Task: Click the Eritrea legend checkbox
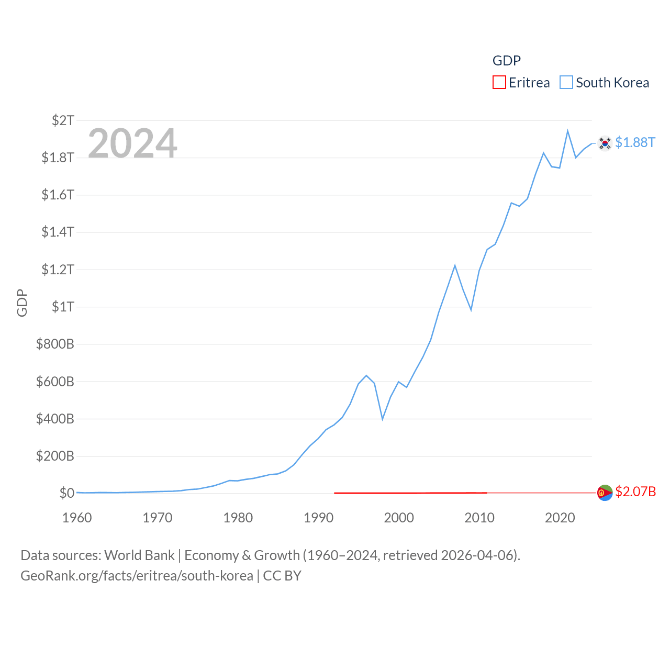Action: [x=499, y=83]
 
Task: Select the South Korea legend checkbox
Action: [x=566, y=83]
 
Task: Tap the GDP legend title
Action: [x=506, y=61]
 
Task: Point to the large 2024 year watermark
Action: [x=132, y=143]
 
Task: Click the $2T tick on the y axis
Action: [x=63, y=120]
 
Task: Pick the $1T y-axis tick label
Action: [x=63, y=307]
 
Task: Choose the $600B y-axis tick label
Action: [x=55, y=382]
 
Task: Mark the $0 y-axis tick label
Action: [x=66, y=493]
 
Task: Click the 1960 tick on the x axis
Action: [x=77, y=518]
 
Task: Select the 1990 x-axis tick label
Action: [x=318, y=518]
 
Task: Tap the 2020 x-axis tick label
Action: [x=560, y=518]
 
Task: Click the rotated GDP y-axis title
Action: [x=22, y=303]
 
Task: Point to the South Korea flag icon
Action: [x=605, y=143]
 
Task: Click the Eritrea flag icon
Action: [x=605, y=493]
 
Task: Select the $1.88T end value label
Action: [x=635, y=142]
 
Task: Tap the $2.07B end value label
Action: [x=635, y=492]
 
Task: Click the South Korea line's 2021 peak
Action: [x=567, y=131]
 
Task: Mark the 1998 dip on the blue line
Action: [x=383, y=419]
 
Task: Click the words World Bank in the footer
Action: [x=139, y=555]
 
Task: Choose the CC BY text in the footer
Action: [x=282, y=576]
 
